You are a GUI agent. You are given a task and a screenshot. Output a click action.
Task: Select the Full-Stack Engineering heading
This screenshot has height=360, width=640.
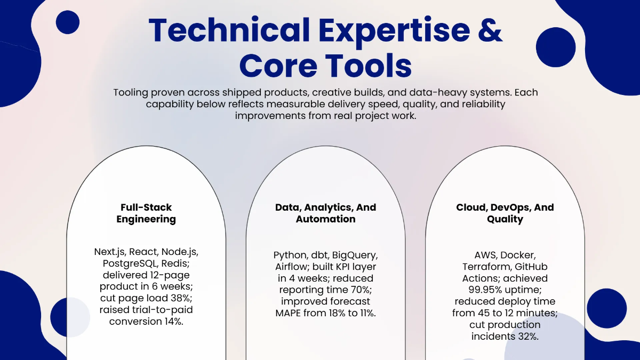146,213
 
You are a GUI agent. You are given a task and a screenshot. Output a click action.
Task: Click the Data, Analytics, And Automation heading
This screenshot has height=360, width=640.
325,213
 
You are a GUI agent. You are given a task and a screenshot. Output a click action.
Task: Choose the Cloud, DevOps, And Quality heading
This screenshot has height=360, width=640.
505,213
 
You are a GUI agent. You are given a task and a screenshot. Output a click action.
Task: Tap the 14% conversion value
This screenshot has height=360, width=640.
173,322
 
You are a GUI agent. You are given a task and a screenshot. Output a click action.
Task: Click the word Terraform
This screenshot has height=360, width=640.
487,267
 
